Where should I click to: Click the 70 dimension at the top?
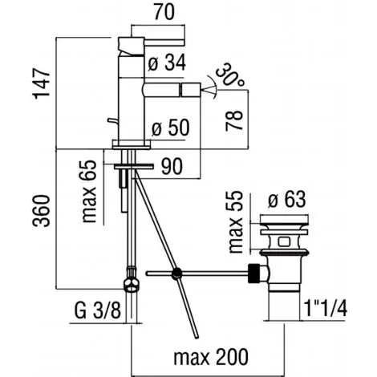point(164,12)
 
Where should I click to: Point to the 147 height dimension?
point(42,83)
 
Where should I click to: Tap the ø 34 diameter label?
point(167,63)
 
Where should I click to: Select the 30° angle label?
point(229,75)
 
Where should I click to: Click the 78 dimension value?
point(234,120)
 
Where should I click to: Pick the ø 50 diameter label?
point(171,128)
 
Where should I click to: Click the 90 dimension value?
point(172,166)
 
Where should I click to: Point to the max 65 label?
point(88,191)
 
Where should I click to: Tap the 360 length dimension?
point(41,211)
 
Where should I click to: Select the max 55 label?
point(236,221)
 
